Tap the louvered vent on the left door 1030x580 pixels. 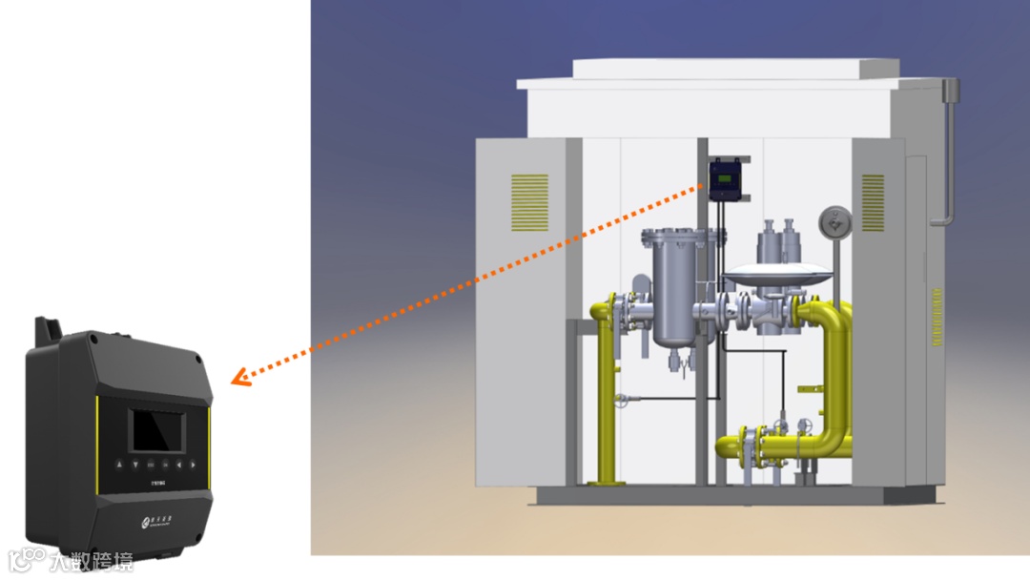point(529,202)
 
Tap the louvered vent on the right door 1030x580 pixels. point(873,202)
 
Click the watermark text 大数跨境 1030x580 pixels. point(92,560)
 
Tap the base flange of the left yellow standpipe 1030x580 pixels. point(605,483)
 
